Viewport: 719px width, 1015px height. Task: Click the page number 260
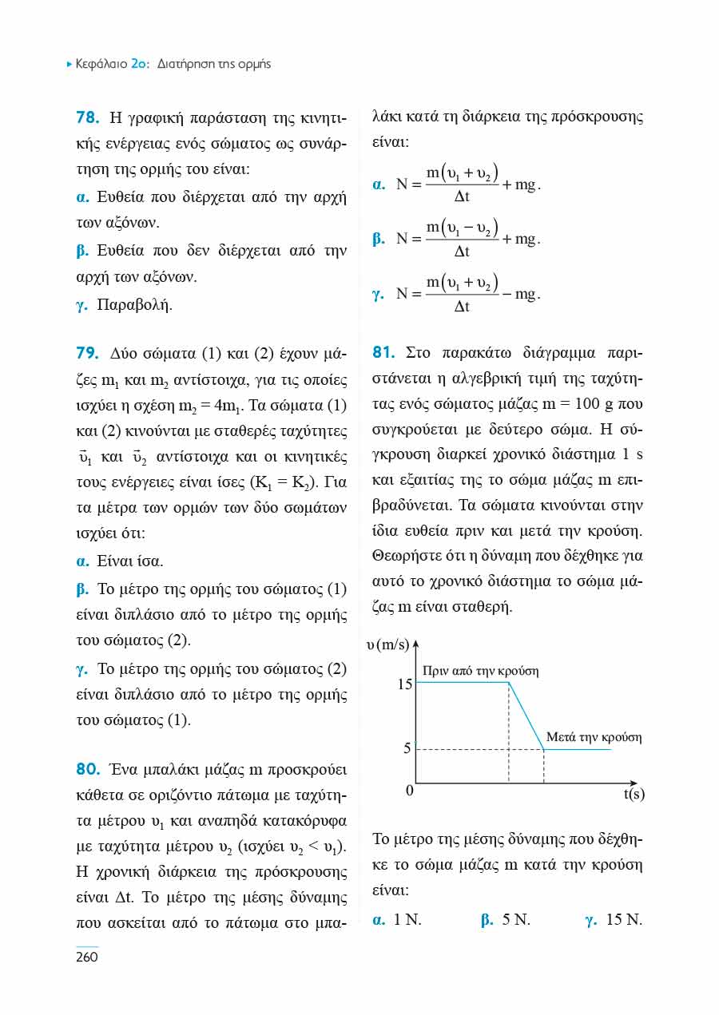tap(86, 957)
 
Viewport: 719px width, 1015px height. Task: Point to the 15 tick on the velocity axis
tap(404, 684)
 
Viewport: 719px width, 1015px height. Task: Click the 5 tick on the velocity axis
tap(407, 749)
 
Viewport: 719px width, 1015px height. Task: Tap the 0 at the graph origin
tap(409, 791)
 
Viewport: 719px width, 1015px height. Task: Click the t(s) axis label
tap(634, 794)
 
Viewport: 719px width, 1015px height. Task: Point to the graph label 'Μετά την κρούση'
tap(594, 737)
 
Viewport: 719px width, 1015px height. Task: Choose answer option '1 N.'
tap(407, 920)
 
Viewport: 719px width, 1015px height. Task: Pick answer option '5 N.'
tap(516, 920)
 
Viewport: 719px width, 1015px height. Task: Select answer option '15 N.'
tap(624, 920)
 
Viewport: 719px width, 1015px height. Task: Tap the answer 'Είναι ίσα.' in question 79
tap(129, 561)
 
